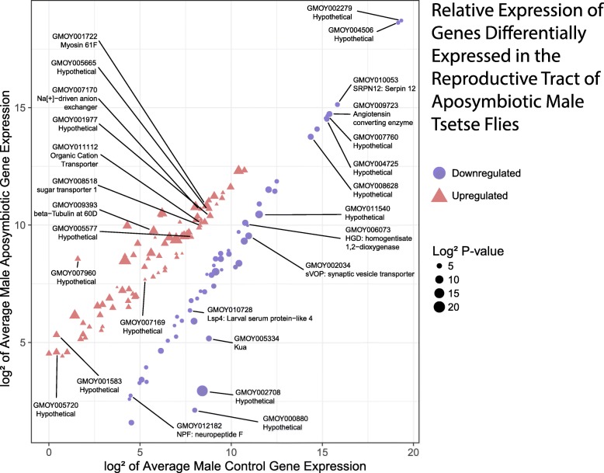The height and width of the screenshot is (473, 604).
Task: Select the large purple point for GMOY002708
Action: pyautogui.click(x=203, y=391)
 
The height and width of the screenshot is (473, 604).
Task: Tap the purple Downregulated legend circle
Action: pyautogui.click(x=440, y=173)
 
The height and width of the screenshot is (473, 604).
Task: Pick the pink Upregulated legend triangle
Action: pyautogui.click(x=440, y=195)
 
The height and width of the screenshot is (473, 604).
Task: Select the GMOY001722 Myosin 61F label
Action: pyautogui.click(x=75, y=40)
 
